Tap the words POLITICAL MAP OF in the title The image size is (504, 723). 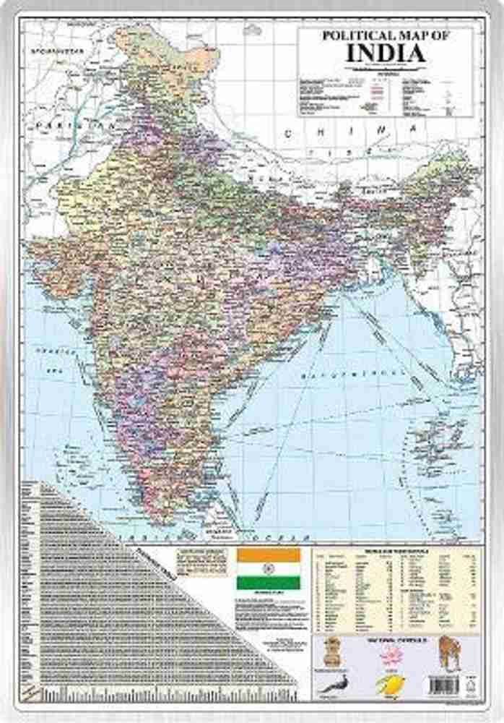point(386,35)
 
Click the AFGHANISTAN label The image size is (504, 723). point(54,51)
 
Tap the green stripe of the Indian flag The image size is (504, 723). point(269,583)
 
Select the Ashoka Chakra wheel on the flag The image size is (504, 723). point(269,570)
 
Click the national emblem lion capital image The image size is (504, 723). point(331,652)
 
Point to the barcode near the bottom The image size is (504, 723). point(443,684)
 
